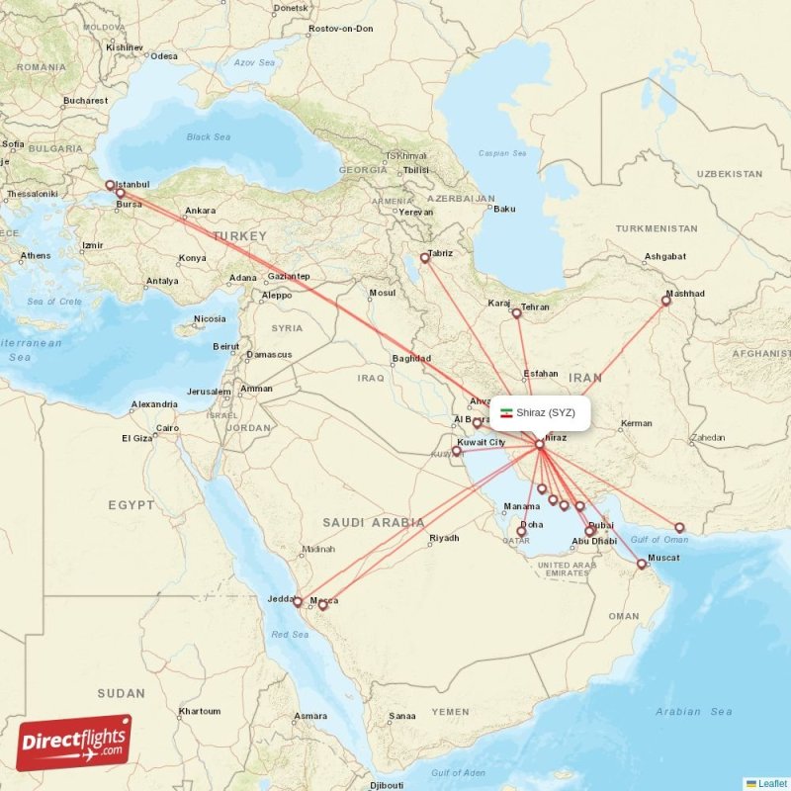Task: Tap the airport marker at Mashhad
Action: (665, 301)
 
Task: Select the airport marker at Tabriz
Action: (425, 258)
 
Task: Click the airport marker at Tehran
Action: (516, 313)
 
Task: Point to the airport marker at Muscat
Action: (642, 565)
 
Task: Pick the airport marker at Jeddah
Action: (297, 601)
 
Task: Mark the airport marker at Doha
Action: (521, 532)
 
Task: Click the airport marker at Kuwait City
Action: (457, 451)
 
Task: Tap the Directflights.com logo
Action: (74, 742)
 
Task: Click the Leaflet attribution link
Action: (771, 783)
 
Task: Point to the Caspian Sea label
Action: (502, 153)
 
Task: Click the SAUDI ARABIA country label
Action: (373, 522)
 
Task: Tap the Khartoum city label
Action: (199, 711)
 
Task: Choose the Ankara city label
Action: (200, 211)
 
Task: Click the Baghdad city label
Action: (411, 358)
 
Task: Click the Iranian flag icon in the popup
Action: (506, 412)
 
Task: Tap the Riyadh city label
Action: (444, 538)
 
